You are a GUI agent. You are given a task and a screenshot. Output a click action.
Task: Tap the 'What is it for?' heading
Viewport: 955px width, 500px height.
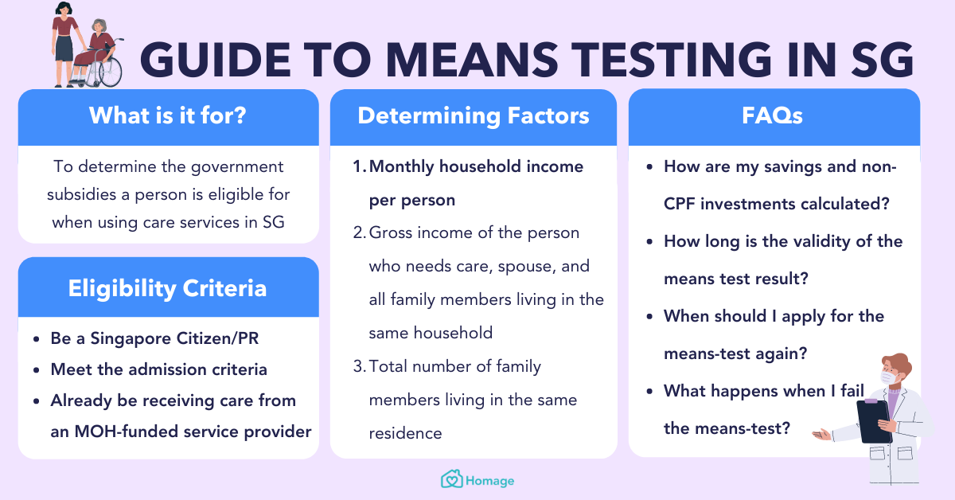click(168, 116)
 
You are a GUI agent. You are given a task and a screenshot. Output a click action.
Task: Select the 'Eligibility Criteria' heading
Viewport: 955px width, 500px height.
click(168, 287)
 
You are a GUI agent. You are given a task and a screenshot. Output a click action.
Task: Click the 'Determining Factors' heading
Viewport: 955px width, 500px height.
click(474, 116)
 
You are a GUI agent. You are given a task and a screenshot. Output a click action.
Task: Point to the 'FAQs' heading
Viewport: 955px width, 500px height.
click(774, 116)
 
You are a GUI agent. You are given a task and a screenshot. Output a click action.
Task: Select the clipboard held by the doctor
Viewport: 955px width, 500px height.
click(874, 421)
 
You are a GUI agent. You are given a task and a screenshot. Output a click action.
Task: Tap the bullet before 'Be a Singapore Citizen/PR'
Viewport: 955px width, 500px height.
click(37, 339)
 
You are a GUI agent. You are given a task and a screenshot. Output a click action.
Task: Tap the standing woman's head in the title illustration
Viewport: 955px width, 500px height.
click(64, 11)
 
